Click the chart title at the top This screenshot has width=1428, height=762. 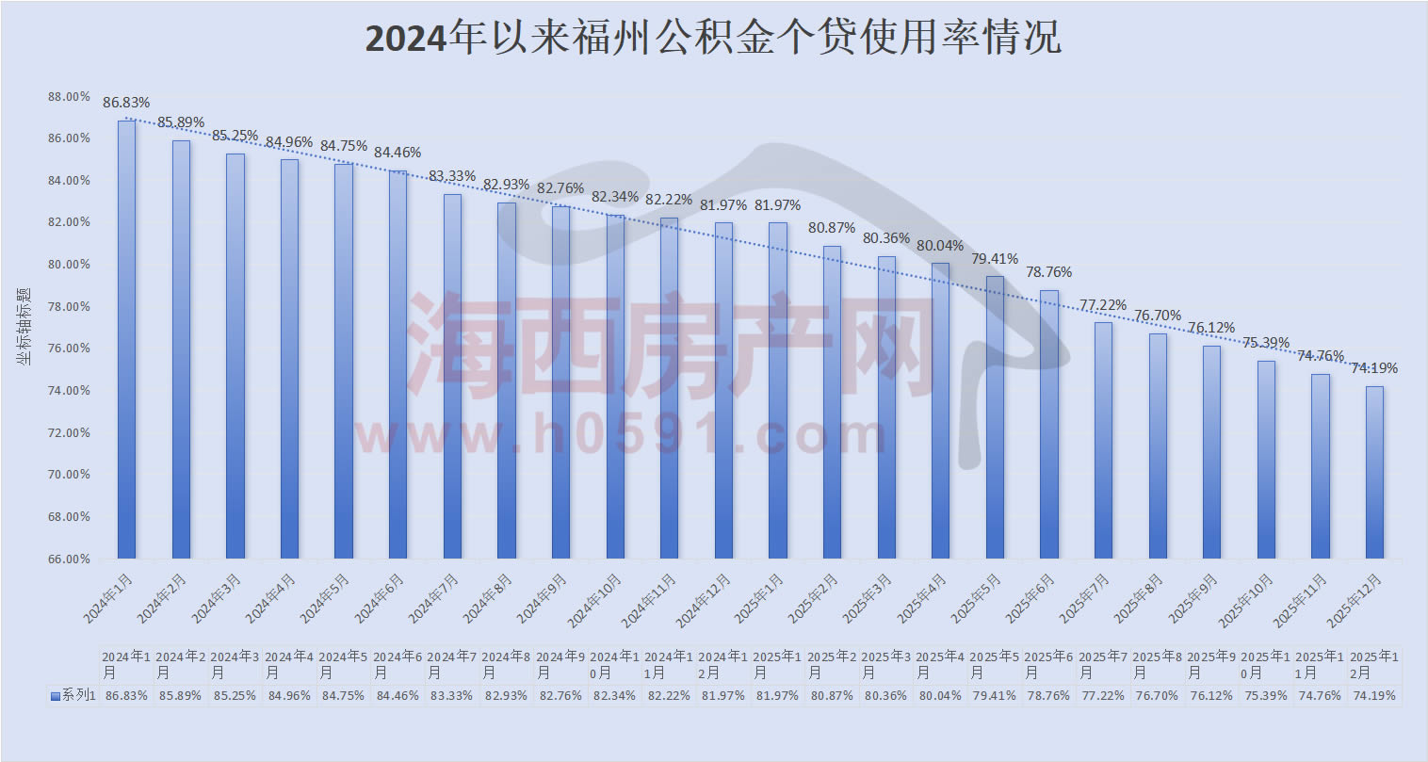[x=713, y=39]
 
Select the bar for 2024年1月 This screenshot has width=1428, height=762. [x=126, y=339]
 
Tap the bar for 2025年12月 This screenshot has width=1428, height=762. [x=1374, y=471]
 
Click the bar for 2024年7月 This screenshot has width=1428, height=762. [x=452, y=377]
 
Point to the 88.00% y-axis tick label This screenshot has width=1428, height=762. [x=70, y=97]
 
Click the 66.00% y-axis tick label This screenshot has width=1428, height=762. [x=70, y=559]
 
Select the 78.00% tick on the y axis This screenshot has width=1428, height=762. [x=70, y=307]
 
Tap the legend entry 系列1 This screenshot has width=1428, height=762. [x=73, y=696]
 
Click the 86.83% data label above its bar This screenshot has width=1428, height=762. [x=126, y=103]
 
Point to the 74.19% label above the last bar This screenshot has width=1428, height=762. [x=1374, y=368]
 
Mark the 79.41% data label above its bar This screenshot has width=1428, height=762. [x=995, y=259]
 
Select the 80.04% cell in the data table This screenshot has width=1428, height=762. [x=940, y=696]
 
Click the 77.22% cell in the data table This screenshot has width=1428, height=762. [x=1103, y=696]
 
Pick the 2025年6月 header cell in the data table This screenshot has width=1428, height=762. [x=1048, y=665]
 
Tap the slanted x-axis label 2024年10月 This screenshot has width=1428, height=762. [x=596, y=600]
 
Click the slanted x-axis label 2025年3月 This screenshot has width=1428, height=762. [x=869, y=598]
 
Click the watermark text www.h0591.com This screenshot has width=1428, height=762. [x=622, y=435]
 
